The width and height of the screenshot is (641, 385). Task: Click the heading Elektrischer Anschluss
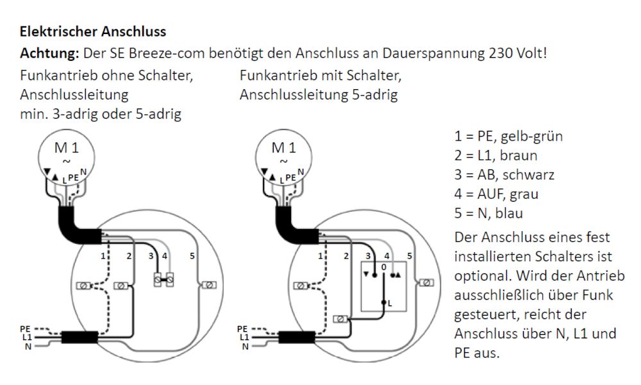coord(93,31)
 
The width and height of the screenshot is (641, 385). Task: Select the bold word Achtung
coord(49,53)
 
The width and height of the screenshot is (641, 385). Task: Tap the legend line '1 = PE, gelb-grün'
coord(508,136)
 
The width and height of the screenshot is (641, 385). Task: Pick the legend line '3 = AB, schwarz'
coord(504,175)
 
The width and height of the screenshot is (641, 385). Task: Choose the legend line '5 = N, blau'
coord(488,213)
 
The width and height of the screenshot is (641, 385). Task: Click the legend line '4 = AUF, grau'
coord(496,194)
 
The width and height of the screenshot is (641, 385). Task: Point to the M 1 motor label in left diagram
coord(67,148)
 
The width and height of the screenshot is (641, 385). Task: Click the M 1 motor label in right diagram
coord(284,148)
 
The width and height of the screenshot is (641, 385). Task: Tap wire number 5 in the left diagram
coord(192,256)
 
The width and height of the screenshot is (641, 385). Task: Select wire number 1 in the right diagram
coord(320,256)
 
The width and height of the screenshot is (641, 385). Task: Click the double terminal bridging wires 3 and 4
coord(163,280)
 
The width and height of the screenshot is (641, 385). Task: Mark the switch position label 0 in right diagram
coord(383,267)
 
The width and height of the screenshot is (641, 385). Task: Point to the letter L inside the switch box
coord(390,303)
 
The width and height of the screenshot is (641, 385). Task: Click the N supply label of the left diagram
coord(28,346)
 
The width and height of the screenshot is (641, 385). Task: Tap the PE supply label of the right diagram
coord(242,329)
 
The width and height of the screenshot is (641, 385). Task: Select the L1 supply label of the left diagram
coord(27,338)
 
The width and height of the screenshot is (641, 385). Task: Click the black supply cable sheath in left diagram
coord(79,337)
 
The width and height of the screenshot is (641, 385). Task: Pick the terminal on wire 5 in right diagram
coord(426,282)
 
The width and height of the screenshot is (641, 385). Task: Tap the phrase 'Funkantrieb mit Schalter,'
coord(320,75)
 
